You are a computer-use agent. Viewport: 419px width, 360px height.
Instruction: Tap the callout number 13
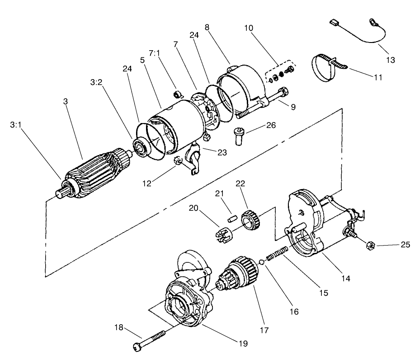390,59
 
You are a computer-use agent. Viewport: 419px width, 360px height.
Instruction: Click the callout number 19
243,344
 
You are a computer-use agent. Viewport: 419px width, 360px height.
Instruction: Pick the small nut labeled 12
179,161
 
